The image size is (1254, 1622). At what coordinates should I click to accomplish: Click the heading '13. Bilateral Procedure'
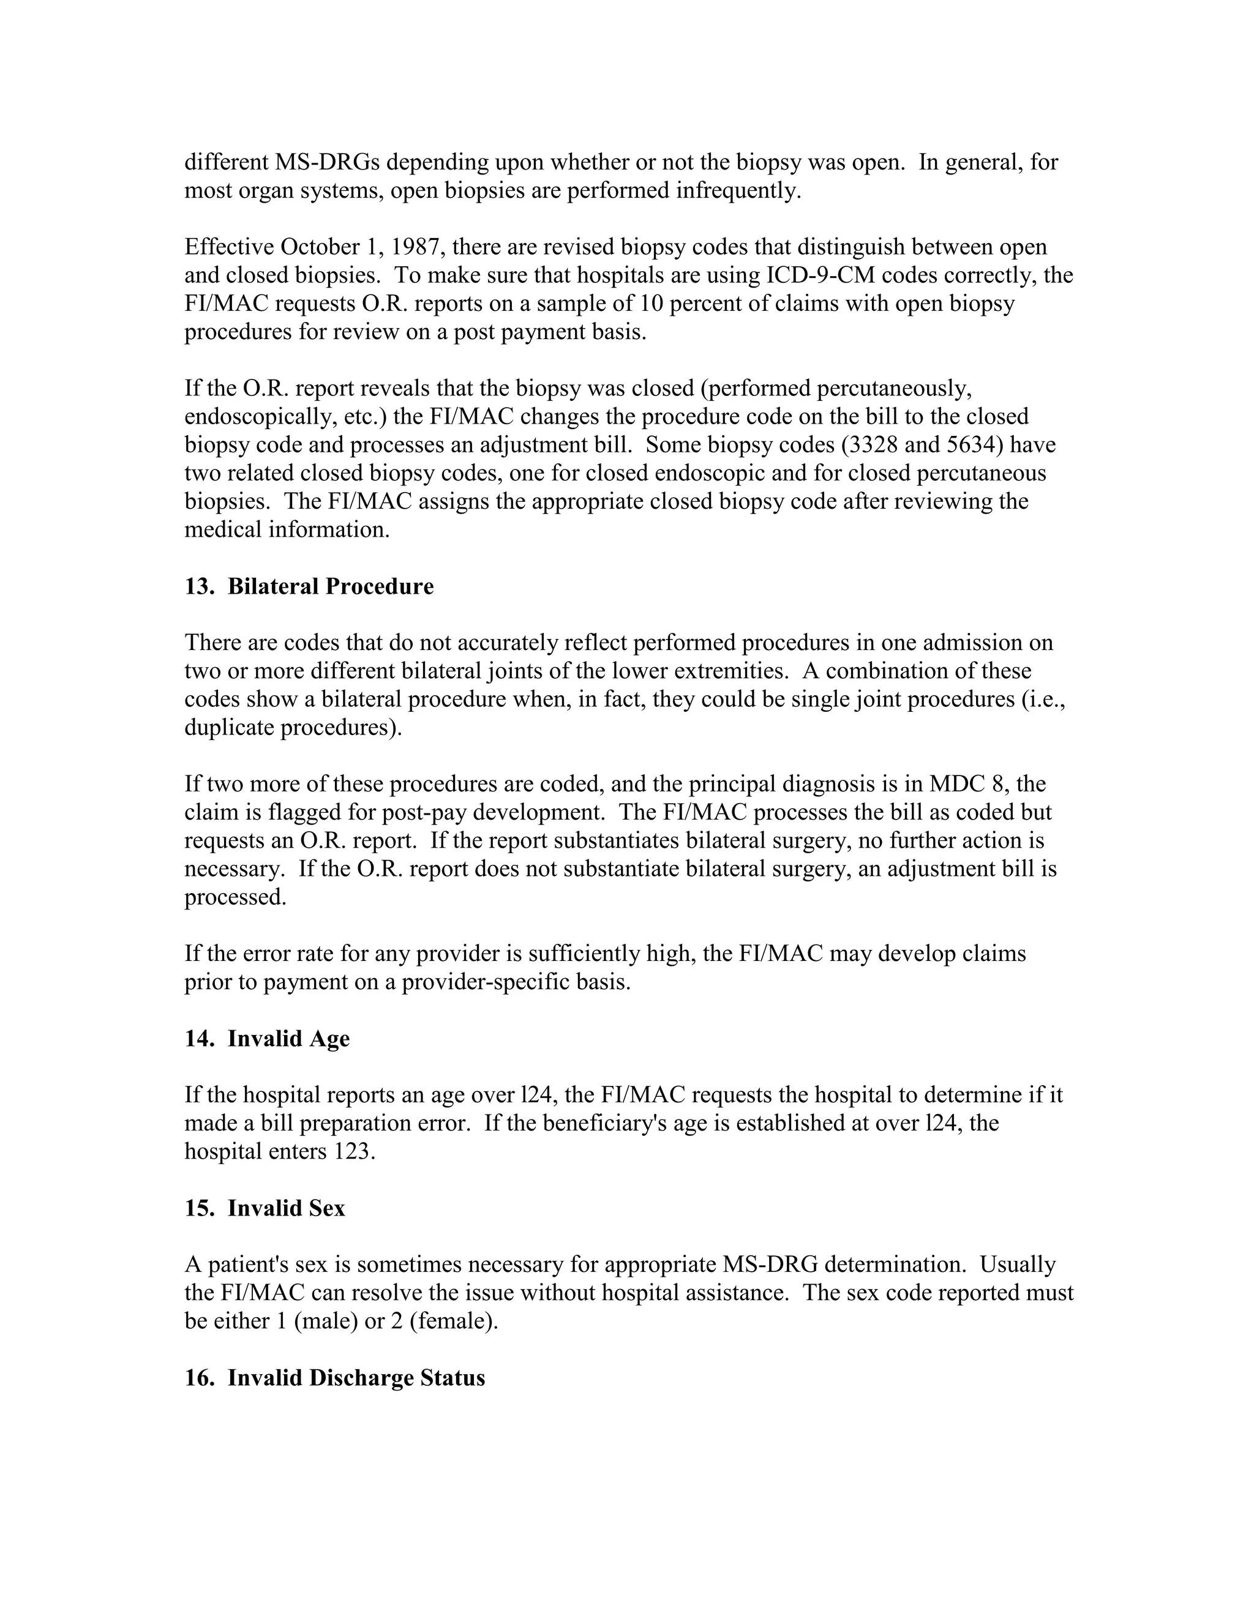coord(309,587)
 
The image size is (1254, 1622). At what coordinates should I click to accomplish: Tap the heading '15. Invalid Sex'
coord(265,1208)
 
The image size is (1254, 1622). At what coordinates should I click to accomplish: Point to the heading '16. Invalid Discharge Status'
coord(334,1378)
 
